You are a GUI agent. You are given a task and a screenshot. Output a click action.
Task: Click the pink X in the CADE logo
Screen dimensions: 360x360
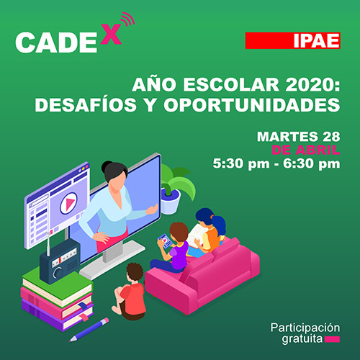pyautogui.click(x=111, y=34)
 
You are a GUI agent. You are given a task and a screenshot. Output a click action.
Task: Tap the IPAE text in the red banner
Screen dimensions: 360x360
pyautogui.click(x=317, y=40)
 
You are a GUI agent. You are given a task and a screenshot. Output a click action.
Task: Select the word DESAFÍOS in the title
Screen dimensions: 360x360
pyautogui.click(x=86, y=104)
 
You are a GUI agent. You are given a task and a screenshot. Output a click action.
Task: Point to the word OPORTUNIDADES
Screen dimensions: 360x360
pyautogui.click(x=252, y=105)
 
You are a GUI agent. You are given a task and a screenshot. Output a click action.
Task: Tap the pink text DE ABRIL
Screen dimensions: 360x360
pyautogui.click(x=306, y=150)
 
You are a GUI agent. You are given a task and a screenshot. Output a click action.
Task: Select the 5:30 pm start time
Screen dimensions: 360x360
pyautogui.click(x=241, y=164)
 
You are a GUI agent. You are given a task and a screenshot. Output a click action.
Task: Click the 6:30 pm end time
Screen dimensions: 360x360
pyautogui.click(x=312, y=164)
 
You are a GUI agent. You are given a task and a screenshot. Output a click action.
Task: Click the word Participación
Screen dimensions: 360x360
pyautogui.click(x=305, y=328)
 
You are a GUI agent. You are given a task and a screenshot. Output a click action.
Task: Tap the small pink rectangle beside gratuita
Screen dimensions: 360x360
pyautogui.click(x=332, y=339)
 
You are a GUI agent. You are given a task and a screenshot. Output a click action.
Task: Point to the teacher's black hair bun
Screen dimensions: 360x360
pyautogui.click(x=107, y=166)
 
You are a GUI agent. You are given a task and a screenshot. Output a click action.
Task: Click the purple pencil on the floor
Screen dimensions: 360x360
pyautogui.click(x=89, y=330)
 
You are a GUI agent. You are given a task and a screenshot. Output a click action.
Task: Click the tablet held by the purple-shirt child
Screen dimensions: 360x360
pyautogui.click(x=165, y=241)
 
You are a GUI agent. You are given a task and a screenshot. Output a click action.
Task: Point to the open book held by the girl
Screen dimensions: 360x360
pyautogui.click(x=197, y=235)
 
